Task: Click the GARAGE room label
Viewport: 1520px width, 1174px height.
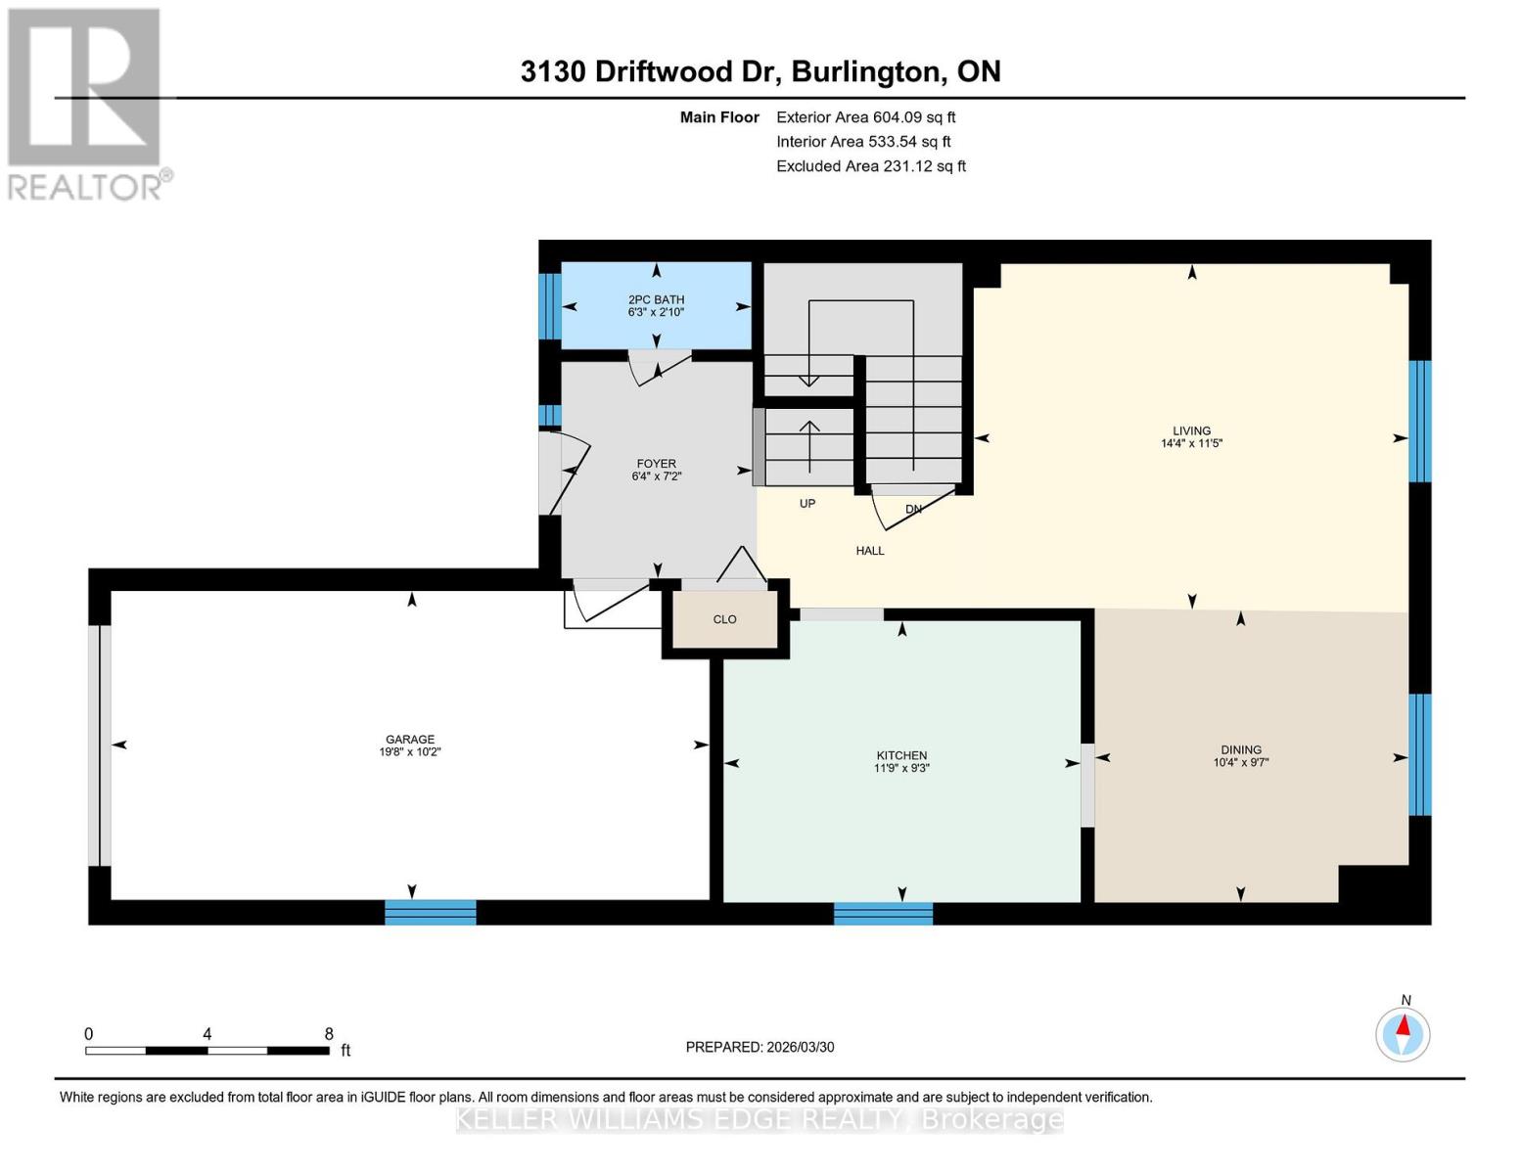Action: tap(409, 740)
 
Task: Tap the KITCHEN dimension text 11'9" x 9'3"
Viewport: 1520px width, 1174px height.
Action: tap(901, 768)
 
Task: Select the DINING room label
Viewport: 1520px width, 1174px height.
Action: tap(1240, 749)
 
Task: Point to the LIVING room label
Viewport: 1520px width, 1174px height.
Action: tap(1191, 430)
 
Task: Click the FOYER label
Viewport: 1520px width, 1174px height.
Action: tap(656, 464)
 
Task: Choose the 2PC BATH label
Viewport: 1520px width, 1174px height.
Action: tap(656, 299)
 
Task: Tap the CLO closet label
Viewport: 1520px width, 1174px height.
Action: tap(724, 619)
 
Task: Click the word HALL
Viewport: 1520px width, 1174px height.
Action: tap(869, 551)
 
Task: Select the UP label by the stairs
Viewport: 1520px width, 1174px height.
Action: tap(807, 504)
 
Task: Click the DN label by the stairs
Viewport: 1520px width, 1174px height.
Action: tap(913, 510)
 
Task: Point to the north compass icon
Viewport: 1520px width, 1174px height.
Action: tap(1403, 1033)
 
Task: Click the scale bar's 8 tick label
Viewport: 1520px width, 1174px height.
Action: tap(329, 1034)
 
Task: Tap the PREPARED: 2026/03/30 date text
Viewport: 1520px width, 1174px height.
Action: tap(760, 1047)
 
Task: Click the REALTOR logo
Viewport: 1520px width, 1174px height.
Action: tap(86, 103)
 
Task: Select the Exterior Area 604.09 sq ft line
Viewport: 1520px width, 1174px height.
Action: tap(865, 117)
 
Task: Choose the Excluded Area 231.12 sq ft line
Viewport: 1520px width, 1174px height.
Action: tap(870, 166)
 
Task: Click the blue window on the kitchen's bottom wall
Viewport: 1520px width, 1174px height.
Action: tap(883, 914)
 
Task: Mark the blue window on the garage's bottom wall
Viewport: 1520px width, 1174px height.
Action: tap(430, 912)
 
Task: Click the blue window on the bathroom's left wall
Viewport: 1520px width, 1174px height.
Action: tap(550, 305)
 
